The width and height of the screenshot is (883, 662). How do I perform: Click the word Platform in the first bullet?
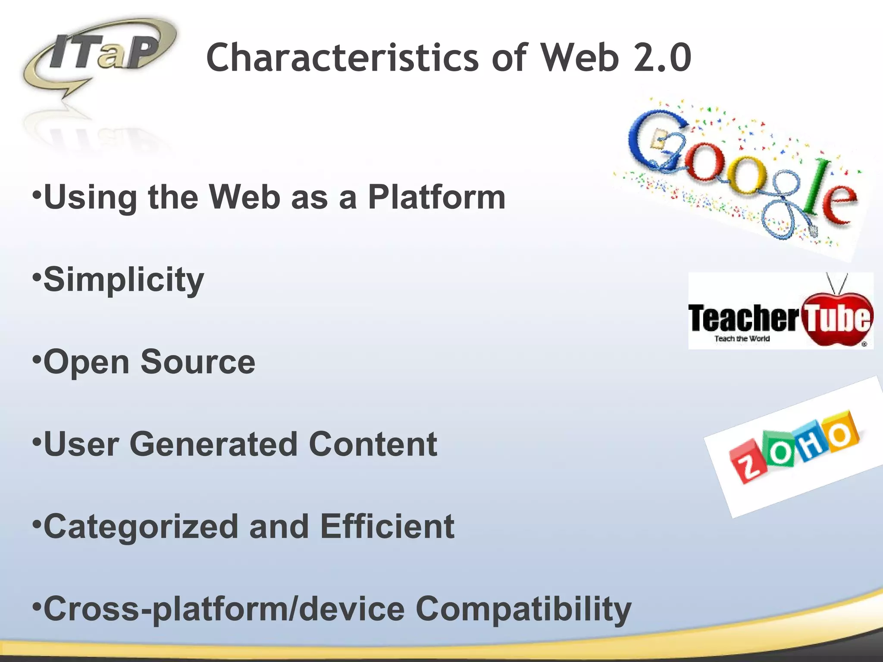tap(436, 197)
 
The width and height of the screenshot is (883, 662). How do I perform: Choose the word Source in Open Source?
tap(198, 362)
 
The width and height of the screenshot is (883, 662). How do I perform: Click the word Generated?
tap(213, 444)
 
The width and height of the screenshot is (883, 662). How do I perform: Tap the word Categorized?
tap(141, 527)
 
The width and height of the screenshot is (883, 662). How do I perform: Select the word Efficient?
tap(387, 527)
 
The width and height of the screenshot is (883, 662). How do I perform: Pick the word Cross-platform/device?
tap(224, 609)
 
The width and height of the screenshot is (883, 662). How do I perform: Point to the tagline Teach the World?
tap(742, 339)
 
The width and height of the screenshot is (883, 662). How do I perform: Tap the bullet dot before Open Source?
tap(38, 358)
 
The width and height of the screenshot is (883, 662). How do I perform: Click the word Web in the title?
tap(580, 58)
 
